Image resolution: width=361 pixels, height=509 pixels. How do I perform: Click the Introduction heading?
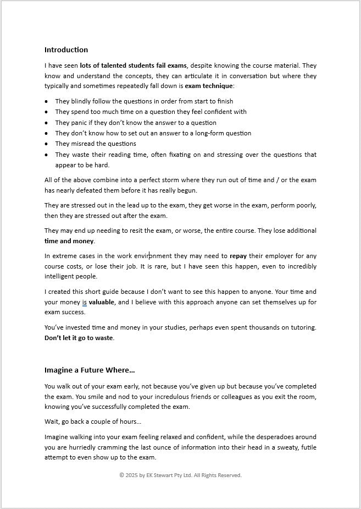(x=66, y=50)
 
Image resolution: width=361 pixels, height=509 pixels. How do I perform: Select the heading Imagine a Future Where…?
(x=90, y=370)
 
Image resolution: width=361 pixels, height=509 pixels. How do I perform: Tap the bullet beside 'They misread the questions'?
(x=47, y=144)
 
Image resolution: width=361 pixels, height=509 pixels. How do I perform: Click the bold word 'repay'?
(x=238, y=256)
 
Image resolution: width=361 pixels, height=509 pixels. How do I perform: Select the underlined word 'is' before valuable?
(x=85, y=302)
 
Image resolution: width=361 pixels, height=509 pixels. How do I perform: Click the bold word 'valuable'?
(x=102, y=302)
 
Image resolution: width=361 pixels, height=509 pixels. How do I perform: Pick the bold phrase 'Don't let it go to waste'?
(x=79, y=338)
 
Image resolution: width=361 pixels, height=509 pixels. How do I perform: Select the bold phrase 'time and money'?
(x=69, y=241)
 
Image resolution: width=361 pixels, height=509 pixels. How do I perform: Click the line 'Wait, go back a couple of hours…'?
(x=93, y=422)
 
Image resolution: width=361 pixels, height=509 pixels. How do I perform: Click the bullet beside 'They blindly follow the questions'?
(x=47, y=101)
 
